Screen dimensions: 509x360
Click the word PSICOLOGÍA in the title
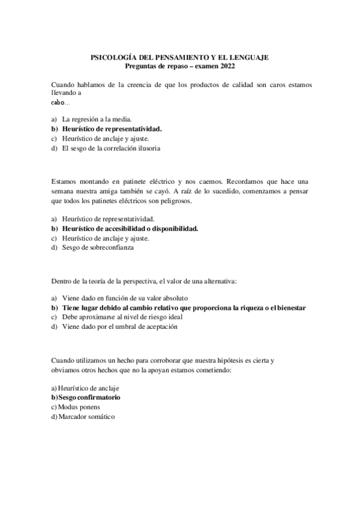(113, 57)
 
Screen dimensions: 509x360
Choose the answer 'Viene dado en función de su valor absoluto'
(125, 298)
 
